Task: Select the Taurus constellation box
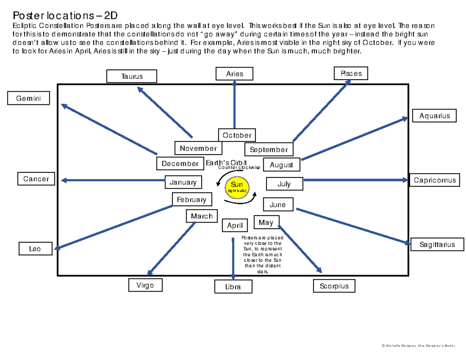point(132,76)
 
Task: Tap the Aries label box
point(235,74)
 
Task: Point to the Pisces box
point(351,73)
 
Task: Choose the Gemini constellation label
point(29,98)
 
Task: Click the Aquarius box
point(434,115)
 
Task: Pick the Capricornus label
point(435,180)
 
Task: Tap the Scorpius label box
point(334,286)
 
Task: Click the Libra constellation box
point(233,287)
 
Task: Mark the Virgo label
point(145,285)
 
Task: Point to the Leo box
point(35,249)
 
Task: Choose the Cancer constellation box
point(36,179)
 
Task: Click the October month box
point(237,135)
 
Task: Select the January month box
point(183,182)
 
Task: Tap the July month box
point(284,184)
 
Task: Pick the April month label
point(235,225)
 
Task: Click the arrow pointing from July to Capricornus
point(355,180)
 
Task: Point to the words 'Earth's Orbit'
point(226,163)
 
